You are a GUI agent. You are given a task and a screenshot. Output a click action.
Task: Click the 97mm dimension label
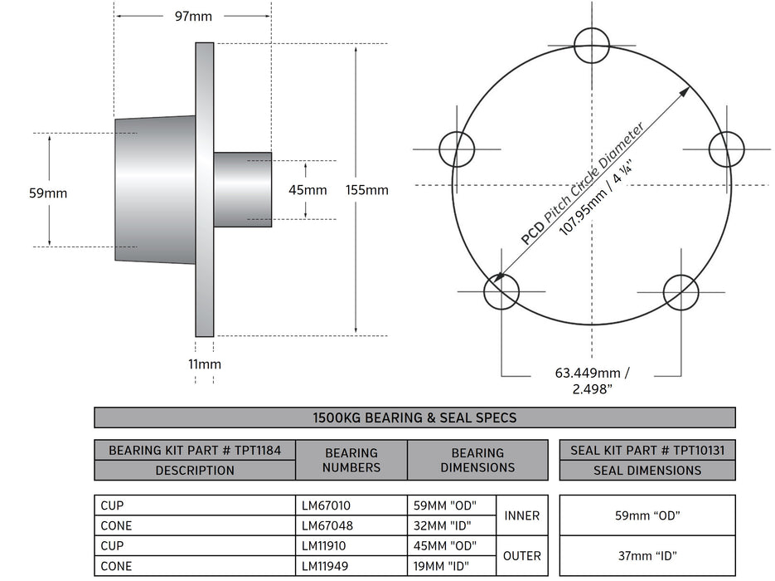(192, 16)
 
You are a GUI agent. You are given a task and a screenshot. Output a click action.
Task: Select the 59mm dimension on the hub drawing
(48, 193)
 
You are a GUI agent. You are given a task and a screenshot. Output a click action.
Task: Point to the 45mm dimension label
(308, 190)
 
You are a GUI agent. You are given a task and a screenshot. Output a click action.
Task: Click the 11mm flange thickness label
(205, 364)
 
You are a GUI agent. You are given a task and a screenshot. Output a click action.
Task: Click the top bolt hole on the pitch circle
(593, 43)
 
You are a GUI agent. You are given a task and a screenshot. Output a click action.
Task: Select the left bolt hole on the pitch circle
(457, 149)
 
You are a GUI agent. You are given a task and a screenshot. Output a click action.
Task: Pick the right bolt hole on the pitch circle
(727, 149)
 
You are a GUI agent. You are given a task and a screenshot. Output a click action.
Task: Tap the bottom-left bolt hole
(501, 292)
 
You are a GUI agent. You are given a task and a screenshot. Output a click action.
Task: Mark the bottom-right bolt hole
(681, 292)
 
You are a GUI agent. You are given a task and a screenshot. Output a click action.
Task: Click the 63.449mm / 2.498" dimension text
(592, 380)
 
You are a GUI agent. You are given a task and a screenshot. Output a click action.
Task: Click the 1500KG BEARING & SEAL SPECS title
(414, 417)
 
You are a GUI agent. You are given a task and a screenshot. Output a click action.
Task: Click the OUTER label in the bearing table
(521, 555)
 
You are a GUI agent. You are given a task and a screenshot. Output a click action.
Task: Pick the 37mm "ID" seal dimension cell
(647, 555)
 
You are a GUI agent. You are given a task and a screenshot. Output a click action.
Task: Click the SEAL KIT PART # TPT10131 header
(647, 451)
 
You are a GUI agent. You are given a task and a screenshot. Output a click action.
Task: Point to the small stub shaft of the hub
(243, 189)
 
